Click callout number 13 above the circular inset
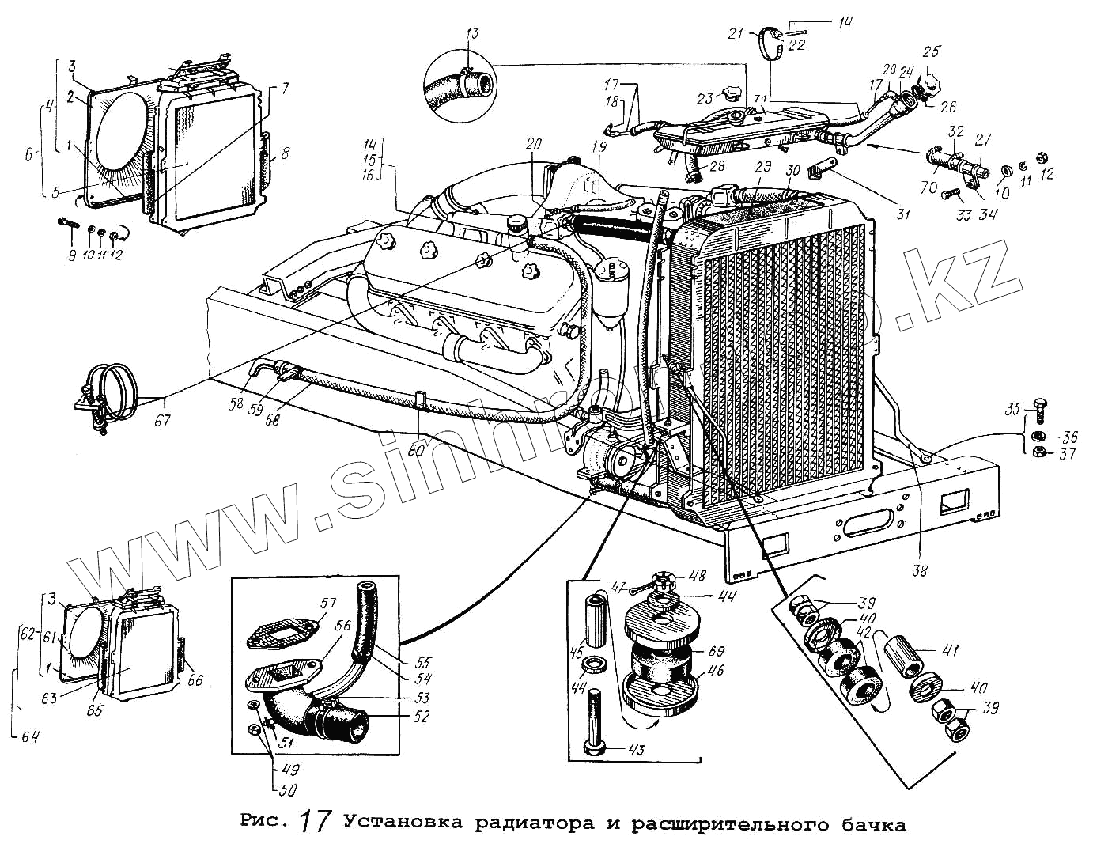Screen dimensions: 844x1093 click(x=472, y=35)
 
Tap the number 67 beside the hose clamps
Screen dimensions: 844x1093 click(x=162, y=420)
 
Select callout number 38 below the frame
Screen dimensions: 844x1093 click(x=919, y=569)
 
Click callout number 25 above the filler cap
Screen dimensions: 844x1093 click(x=932, y=52)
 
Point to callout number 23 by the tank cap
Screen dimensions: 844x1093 click(x=705, y=99)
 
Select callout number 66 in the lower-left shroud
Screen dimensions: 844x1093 click(x=195, y=679)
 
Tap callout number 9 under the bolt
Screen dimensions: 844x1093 click(x=71, y=255)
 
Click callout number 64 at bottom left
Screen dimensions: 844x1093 click(x=28, y=737)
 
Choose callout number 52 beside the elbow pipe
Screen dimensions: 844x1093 click(x=421, y=717)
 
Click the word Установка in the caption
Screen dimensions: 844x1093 click(x=403, y=823)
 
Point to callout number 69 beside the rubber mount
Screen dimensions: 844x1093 click(x=716, y=652)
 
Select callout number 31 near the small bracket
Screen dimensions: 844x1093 click(x=902, y=213)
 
